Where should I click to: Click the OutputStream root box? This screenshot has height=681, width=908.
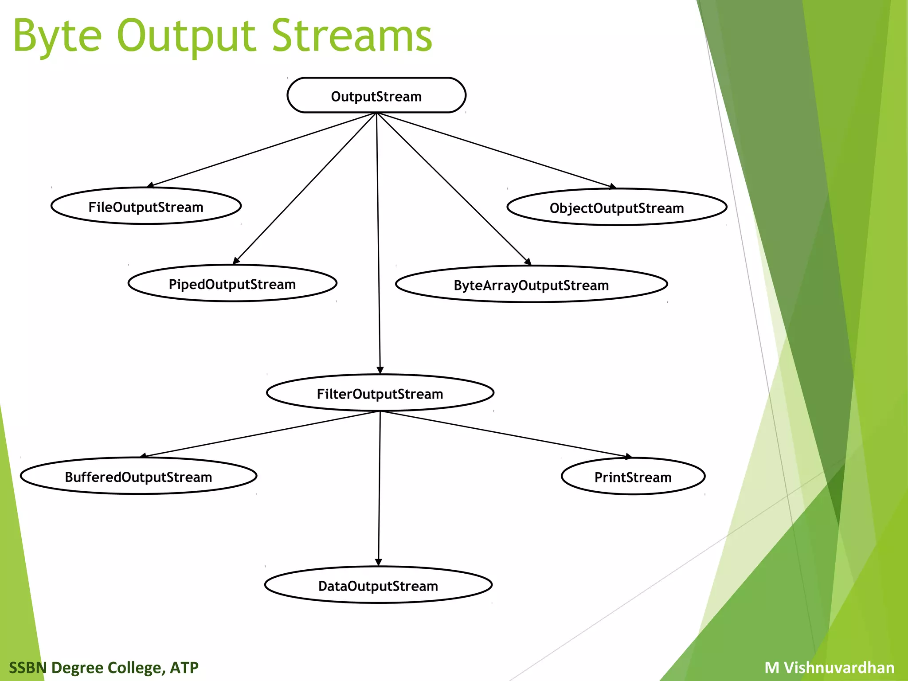[376, 95]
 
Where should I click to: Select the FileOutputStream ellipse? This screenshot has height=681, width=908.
[146, 206]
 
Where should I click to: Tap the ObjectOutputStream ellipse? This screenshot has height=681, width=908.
[617, 207]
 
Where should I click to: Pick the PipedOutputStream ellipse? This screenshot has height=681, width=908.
[232, 284]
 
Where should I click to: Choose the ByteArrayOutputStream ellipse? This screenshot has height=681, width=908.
[531, 285]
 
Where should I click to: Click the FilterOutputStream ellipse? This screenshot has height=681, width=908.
[380, 393]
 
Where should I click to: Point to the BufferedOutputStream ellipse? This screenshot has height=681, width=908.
[138, 476]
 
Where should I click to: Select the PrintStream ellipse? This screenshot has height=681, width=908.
[633, 477]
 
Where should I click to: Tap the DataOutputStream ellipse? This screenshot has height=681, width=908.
[378, 585]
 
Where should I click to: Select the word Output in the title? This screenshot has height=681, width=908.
[186, 36]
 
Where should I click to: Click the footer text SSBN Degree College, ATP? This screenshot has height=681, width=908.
[104, 667]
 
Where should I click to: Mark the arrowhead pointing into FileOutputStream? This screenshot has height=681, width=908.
[150, 185]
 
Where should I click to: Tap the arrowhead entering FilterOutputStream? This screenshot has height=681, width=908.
[380, 371]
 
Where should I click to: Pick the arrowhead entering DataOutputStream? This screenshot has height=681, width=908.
[378, 563]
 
